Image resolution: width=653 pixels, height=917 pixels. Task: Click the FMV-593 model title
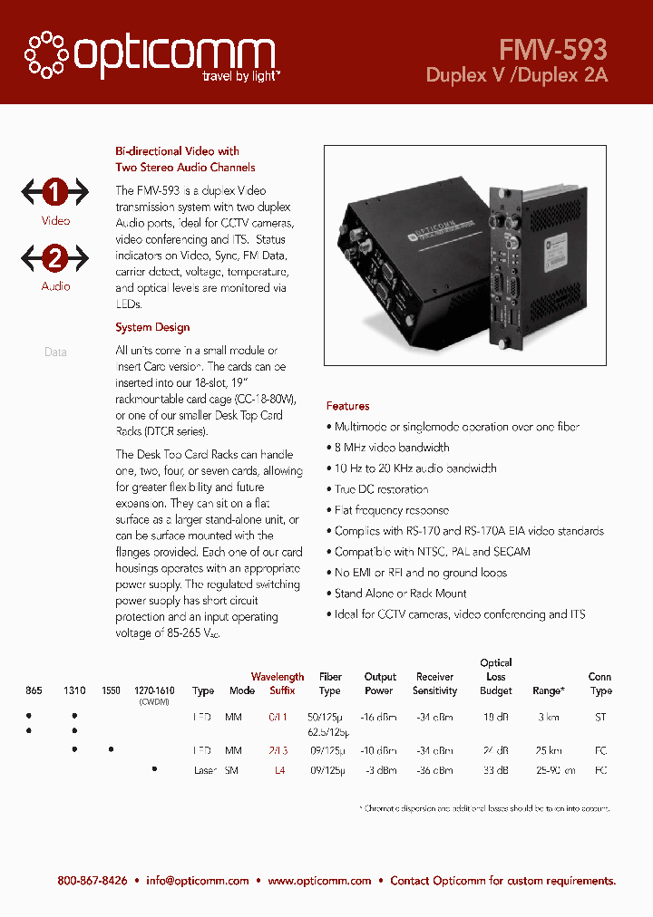(552, 48)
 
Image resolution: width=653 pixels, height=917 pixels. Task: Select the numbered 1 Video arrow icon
(55, 192)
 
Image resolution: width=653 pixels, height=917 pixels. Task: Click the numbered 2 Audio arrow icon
(55, 258)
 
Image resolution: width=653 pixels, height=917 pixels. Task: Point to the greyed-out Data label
(55, 352)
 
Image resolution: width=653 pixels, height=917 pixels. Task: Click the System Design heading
(152, 327)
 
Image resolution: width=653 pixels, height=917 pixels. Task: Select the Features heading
(347, 406)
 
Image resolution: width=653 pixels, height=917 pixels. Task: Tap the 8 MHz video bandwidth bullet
(391, 448)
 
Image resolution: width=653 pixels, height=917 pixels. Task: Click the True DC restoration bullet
(381, 489)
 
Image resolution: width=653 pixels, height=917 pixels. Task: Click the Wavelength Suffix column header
(278, 683)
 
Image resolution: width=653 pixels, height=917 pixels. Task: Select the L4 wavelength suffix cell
(279, 770)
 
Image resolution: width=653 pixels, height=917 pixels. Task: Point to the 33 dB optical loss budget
(495, 770)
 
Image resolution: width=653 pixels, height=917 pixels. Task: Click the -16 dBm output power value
(380, 717)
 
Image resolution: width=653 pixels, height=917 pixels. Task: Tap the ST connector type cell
(599, 717)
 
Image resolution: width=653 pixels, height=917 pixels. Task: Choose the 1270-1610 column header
(154, 690)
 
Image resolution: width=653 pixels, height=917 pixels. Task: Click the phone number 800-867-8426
(92, 881)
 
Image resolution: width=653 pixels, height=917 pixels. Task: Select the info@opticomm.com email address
(197, 881)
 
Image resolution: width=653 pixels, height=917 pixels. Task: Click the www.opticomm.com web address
(319, 881)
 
